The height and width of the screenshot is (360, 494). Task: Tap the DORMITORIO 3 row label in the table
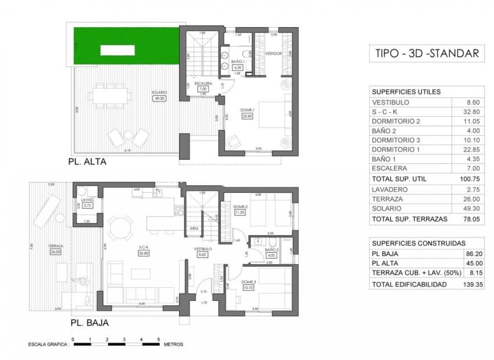click(401, 139)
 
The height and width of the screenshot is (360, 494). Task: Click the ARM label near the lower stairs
click(194, 229)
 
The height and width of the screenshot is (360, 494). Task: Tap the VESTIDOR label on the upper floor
click(273, 53)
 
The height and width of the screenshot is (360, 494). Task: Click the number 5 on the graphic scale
click(158, 339)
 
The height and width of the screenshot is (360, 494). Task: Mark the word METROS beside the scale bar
click(174, 344)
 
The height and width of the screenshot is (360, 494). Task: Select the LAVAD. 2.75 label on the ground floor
click(87, 203)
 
